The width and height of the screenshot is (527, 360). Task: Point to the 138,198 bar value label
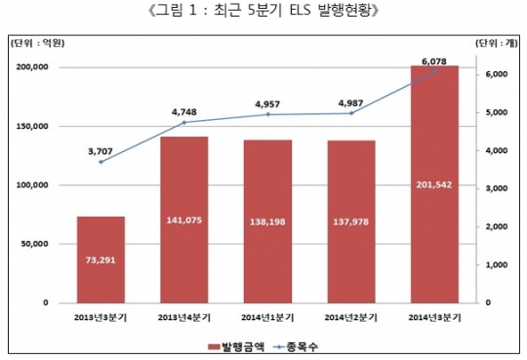pyautogui.click(x=268, y=221)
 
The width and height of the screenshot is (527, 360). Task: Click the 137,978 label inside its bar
pyautogui.click(x=351, y=221)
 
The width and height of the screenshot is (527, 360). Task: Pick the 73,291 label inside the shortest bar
pyautogui.click(x=101, y=260)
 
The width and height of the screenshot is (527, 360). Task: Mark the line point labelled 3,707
pyautogui.click(x=101, y=162)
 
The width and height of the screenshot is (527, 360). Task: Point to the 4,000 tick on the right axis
pyautogui.click(x=497, y=150)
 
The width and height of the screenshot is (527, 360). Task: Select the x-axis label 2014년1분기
pyautogui.click(x=268, y=316)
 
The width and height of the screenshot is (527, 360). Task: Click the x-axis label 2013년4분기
pyautogui.click(x=184, y=316)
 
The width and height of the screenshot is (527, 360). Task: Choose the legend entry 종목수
pyautogui.click(x=303, y=345)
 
